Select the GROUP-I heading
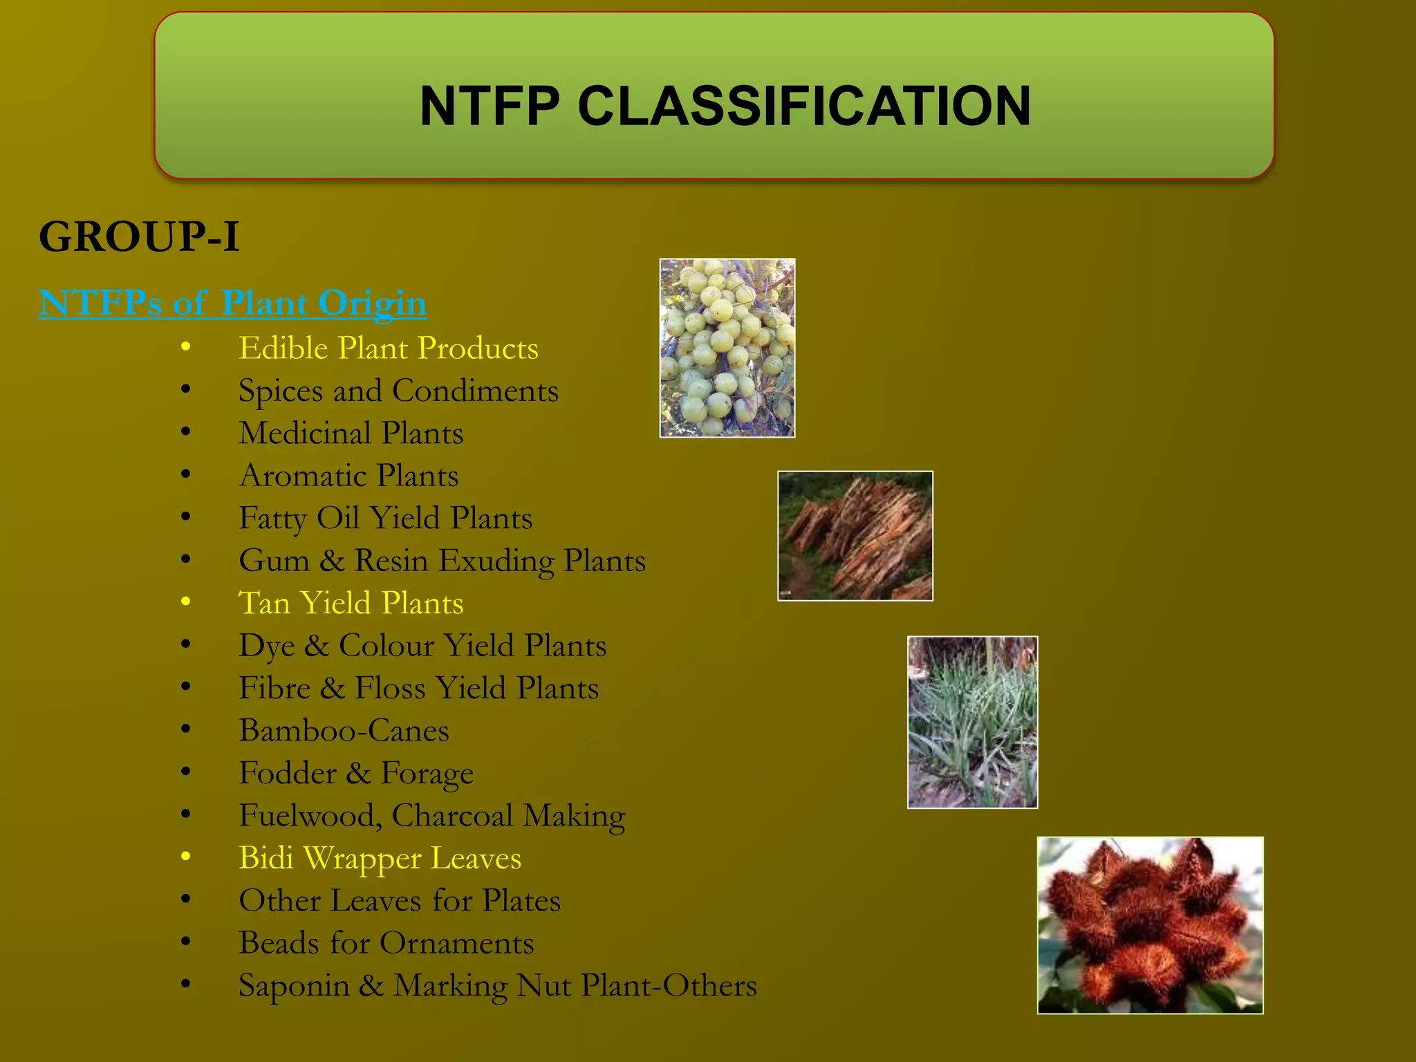point(139,236)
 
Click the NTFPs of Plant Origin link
point(233,303)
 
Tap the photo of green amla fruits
point(727,348)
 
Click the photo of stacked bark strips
point(855,536)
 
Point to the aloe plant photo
point(972,722)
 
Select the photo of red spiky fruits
point(1150,925)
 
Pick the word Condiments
point(475,391)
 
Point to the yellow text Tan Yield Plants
point(351,603)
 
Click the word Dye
point(267,646)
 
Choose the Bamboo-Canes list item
point(344,731)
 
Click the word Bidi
point(266,858)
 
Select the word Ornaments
point(456,943)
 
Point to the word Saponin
point(294,986)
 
